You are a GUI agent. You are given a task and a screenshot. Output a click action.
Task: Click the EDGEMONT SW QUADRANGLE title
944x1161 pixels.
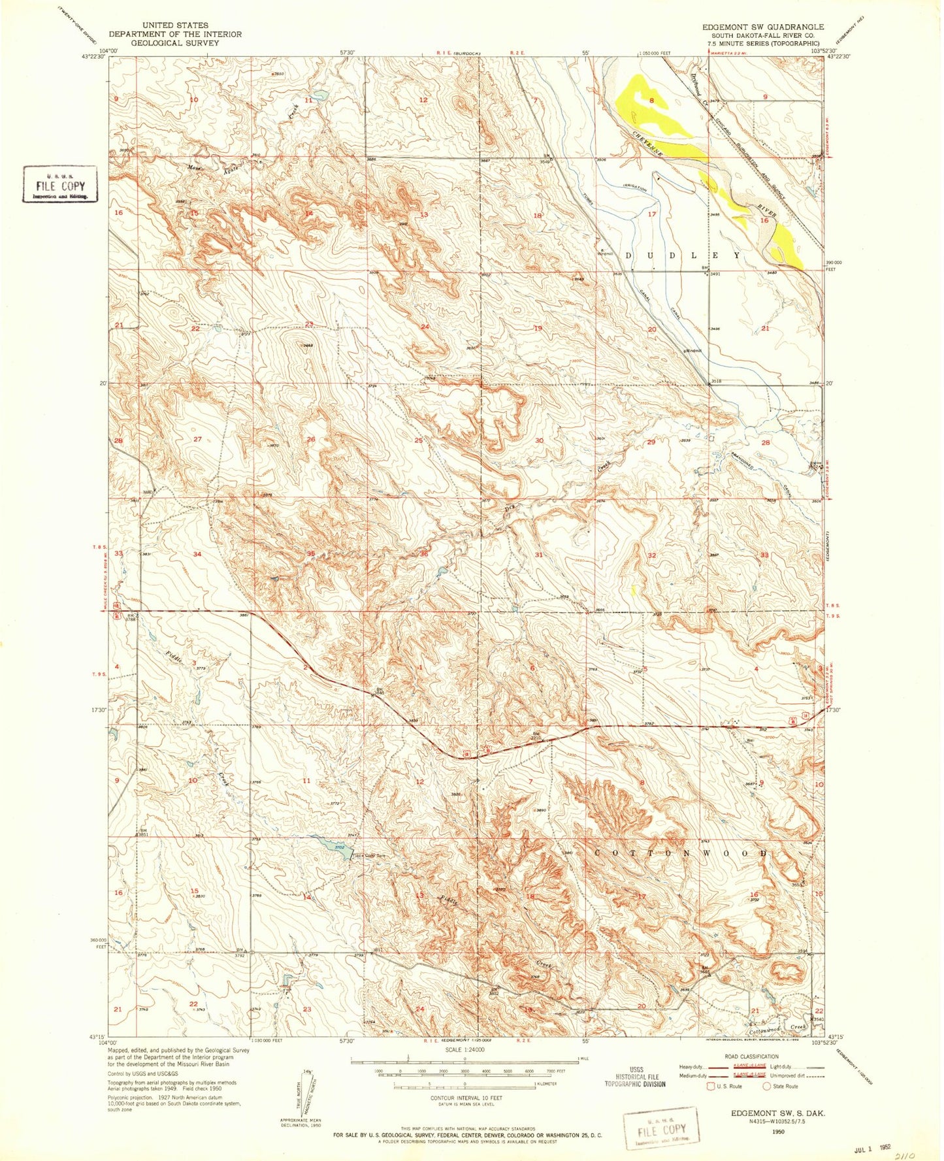pos(762,27)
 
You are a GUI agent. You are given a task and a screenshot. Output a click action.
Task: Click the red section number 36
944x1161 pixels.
pos(424,554)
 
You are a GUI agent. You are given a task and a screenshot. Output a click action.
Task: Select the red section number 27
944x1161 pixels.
pos(198,440)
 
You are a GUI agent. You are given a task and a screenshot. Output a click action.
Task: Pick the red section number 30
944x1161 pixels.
pos(539,440)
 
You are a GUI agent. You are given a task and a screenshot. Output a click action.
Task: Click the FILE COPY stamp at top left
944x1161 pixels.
pos(60,185)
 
